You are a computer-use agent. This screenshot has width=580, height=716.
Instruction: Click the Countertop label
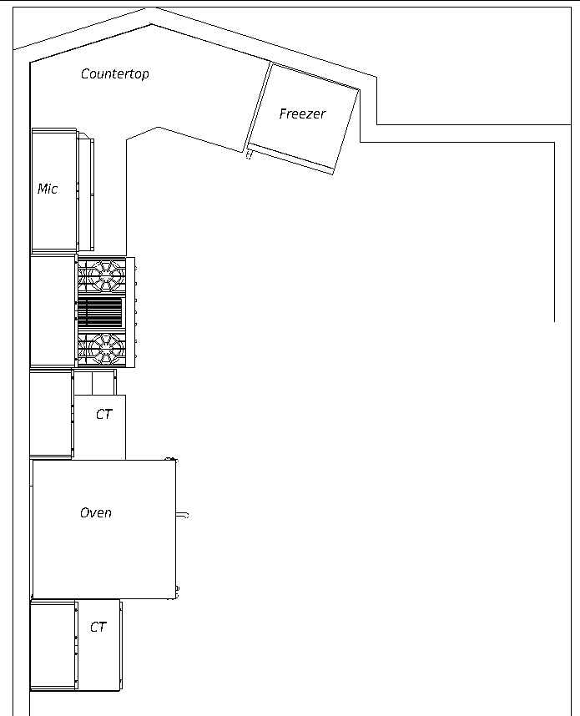114,74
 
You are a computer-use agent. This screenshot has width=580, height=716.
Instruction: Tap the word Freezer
302,113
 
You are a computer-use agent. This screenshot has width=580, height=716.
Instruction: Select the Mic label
48,189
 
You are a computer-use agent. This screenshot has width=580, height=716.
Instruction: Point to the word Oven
96,512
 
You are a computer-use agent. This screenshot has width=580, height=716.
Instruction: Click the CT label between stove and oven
103,414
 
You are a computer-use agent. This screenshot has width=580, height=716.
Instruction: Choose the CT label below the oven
98,627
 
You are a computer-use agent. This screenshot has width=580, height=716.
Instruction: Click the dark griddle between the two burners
100,312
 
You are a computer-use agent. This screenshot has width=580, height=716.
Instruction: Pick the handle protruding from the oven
182,516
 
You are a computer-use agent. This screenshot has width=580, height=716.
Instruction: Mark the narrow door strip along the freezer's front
290,159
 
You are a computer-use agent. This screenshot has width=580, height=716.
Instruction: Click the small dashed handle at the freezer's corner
249,154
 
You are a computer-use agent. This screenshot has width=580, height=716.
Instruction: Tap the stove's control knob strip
131,312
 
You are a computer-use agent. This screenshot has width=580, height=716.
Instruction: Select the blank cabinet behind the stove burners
53,311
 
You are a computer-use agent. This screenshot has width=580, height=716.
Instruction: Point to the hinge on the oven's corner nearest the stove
172,459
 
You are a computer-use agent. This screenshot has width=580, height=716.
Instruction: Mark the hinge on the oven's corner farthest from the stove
177,592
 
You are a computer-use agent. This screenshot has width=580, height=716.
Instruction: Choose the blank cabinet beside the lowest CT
53,646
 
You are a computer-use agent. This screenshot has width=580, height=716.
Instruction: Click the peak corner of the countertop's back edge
151,24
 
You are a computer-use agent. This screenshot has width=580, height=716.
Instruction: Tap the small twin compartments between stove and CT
94,383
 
